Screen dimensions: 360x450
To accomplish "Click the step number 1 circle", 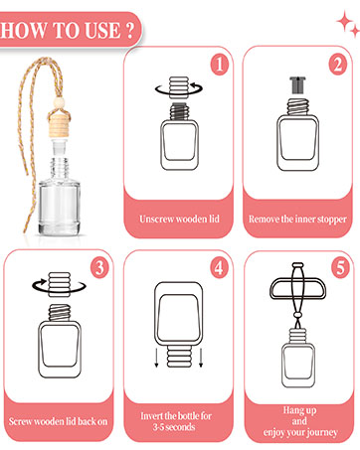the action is [220, 65].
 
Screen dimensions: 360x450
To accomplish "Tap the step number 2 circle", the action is [338, 65].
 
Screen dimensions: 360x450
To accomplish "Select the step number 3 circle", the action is [99, 267].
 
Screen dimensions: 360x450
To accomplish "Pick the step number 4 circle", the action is [219, 267].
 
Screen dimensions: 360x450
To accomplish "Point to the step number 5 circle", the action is [341, 267].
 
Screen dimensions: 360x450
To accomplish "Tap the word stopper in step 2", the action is [332, 220].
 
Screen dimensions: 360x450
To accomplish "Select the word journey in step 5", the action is [322, 433].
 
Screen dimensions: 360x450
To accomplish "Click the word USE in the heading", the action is [102, 31].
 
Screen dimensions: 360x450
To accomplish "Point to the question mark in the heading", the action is [130, 31].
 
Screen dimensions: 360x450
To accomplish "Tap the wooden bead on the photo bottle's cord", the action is [60, 102].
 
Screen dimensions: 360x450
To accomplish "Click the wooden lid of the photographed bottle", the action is [60, 125].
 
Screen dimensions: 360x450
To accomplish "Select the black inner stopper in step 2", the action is [297, 84].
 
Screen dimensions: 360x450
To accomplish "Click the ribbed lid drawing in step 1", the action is [179, 87].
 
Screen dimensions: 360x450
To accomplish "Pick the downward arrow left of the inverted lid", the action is [156, 358].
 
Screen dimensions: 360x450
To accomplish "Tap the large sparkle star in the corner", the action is [344, 21].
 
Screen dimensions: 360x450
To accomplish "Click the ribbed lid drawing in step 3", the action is [60, 284].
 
